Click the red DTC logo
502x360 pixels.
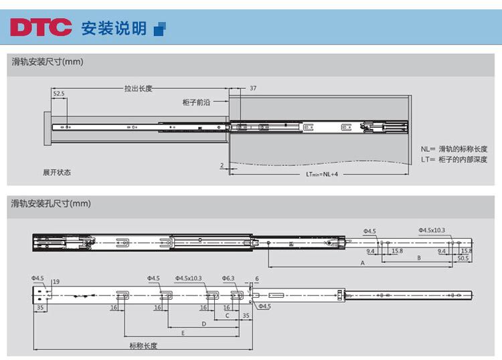(x=41, y=27)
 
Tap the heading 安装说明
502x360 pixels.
(x=113, y=28)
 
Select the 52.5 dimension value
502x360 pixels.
(x=58, y=94)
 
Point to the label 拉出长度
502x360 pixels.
(x=139, y=88)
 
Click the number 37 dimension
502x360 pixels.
(x=253, y=88)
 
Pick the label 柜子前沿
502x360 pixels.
(x=196, y=102)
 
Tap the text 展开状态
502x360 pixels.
(x=56, y=172)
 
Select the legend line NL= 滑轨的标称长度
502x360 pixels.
(x=454, y=149)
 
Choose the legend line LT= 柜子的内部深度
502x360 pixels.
(x=454, y=159)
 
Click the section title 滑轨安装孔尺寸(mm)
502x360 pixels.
(x=51, y=203)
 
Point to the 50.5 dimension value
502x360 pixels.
(x=463, y=258)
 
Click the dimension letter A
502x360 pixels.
(x=362, y=264)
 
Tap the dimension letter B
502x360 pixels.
(x=419, y=257)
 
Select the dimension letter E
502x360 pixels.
(x=183, y=333)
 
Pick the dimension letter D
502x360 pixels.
(x=203, y=323)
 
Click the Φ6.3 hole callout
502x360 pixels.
(x=228, y=278)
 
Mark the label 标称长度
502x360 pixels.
(x=144, y=345)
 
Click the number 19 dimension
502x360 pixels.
(x=56, y=281)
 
